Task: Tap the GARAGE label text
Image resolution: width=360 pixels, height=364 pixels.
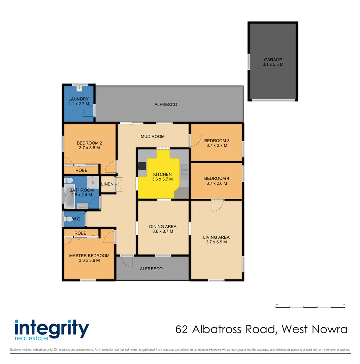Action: click(x=273, y=60)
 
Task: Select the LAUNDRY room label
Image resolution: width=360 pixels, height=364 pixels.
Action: click(x=78, y=99)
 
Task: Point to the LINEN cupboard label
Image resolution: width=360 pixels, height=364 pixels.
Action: click(x=107, y=184)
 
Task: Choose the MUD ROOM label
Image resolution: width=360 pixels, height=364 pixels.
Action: click(x=153, y=136)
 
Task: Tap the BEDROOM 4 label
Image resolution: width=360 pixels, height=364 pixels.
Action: click(x=217, y=178)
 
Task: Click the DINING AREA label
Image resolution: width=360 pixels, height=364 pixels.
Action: click(x=163, y=226)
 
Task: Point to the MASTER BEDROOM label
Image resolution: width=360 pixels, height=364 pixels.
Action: click(x=89, y=255)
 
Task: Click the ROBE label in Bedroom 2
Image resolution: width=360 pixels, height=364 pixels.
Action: click(x=81, y=170)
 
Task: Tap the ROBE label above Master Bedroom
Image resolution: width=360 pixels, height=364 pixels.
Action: click(x=80, y=233)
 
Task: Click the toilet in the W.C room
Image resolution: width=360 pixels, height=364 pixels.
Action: click(x=69, y=219)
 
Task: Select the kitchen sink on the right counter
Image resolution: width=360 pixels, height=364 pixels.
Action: click(x=184, y=170)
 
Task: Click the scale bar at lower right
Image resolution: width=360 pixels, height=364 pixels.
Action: click(x=310, y=307)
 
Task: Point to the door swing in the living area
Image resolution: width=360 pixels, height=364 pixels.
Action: click(x=217, y=205)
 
